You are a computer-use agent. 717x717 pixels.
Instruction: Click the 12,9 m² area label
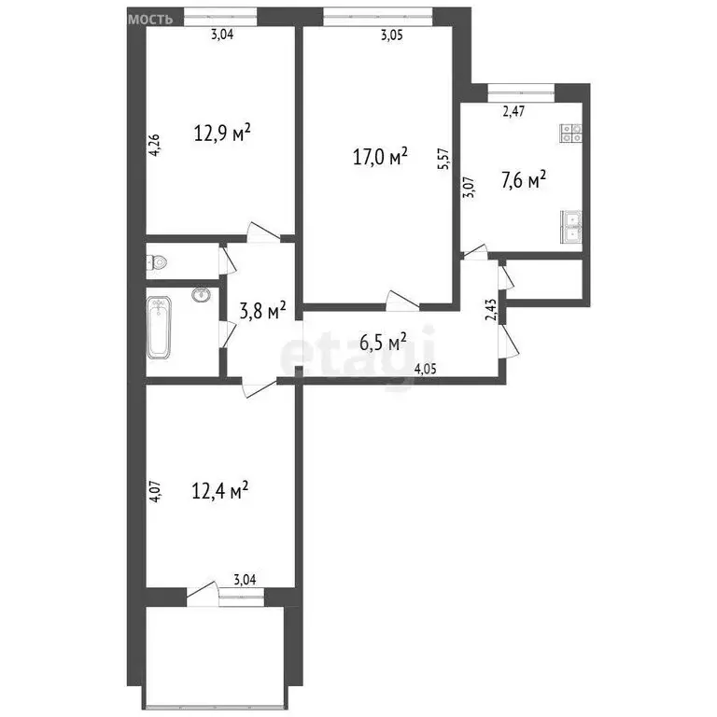[x=223, y=133]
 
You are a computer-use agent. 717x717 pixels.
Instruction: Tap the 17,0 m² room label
[x=380, y=157]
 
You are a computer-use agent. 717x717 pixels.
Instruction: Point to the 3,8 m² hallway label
[x=261, y=310]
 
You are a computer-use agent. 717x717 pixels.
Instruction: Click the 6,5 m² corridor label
[x=383, y=343]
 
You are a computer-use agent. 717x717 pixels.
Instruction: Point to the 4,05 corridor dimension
[x=425, y=368]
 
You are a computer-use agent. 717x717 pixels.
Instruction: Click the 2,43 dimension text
[x=492, y=309]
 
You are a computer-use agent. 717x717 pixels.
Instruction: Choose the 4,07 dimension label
[x=155, y=491]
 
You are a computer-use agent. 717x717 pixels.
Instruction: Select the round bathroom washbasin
[x=200, y=296]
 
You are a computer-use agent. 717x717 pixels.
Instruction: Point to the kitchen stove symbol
[x=571, y=134]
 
